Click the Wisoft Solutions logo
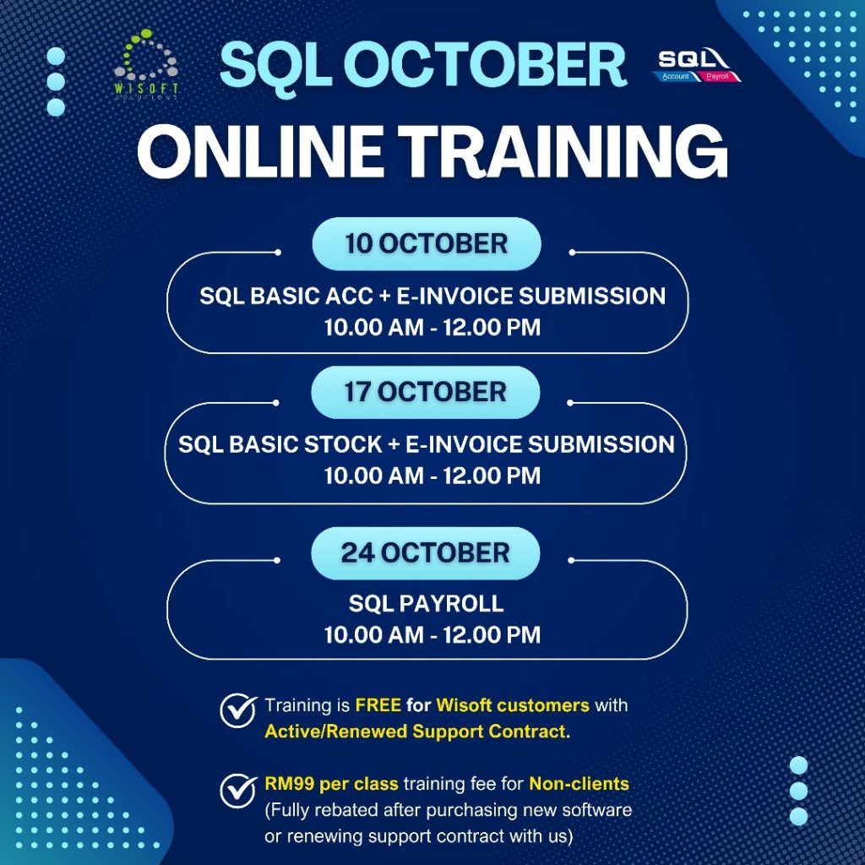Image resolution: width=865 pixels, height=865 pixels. (x=145, y=64)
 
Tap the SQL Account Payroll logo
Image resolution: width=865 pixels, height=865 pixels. (x=699, y=65)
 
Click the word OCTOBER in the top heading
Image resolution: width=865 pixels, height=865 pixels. (x=486, y=64)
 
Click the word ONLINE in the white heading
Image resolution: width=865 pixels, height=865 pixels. (x=260, y=151)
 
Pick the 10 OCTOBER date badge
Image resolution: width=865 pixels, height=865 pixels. (x=427, y=244)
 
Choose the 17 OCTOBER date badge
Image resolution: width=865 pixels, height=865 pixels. (x=426, y=392)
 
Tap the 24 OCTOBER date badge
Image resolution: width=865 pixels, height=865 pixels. (x=426, y=552)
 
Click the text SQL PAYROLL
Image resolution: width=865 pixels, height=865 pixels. (x=427, y=603)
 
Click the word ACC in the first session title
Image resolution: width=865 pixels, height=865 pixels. (x=349, y=296)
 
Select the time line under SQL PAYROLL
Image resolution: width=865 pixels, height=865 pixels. (x=432, y=635)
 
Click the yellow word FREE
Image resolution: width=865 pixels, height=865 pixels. (x=378, y=705)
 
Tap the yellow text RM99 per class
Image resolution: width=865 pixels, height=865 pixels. (x=331, y=784)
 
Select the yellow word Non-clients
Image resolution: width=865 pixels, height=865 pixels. (x=579, y=784)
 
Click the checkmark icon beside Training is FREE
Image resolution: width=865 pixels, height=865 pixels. (x=238, y=710)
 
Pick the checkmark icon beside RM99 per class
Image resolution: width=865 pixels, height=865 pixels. (x=238, y=790)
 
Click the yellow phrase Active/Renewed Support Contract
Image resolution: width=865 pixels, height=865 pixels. (x=416, y=732)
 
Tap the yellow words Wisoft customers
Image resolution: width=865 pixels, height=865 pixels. (x=513, y=705)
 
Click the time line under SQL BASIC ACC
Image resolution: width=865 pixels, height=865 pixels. (x=432, y=328)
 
